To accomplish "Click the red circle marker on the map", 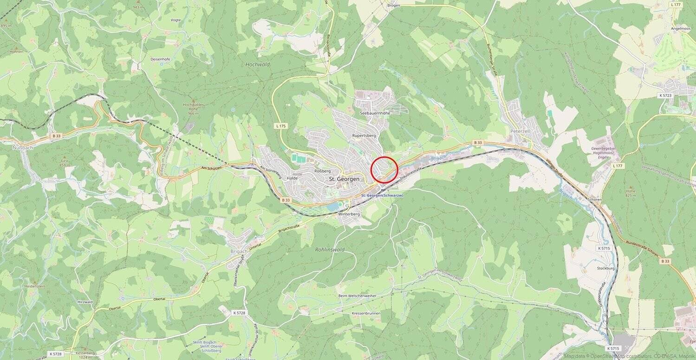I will (x=384, y=170).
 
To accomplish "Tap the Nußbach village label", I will (x=22, y=148).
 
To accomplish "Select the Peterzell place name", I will (x=520, y=131).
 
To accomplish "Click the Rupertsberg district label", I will (x=364, y=135).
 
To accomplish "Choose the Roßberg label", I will (x=322, y=171).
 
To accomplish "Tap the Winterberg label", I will (x=349, y=214).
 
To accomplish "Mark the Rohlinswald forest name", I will (x=330, y=249).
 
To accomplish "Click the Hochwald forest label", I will (x=258, y=65).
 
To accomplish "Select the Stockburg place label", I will (x=605, y=268).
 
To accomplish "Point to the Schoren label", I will (x=594, y=199).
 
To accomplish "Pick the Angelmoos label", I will (x=680, y=28).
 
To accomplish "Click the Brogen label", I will (x=393, y=6).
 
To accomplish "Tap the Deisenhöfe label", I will (x=161, y=59).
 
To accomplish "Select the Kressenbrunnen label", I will (x=366, y=313).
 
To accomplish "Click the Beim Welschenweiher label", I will (x=357, y=296).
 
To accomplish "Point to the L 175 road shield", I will (x=281, y=126).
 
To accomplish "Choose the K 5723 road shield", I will (x=665, y=95).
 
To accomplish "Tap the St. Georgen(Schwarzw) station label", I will (x=382, y=196).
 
